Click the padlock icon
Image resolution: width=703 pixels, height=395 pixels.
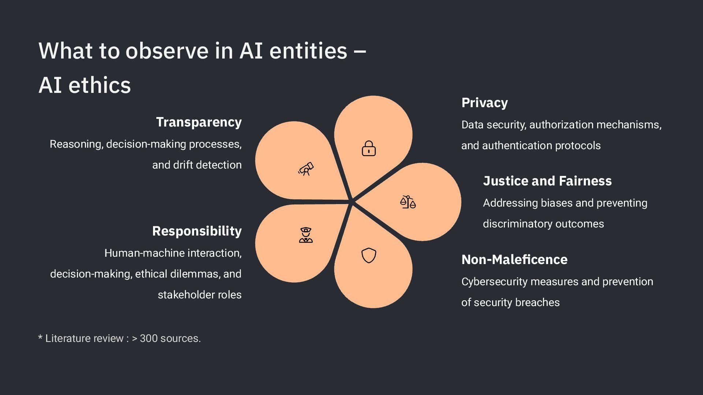pos(369,148)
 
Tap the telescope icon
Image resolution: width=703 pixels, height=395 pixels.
pos(306,169)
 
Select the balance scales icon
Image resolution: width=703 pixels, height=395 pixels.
pos(408,202)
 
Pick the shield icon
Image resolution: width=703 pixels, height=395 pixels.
pos(369,255)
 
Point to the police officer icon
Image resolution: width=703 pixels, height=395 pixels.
pos(306,235)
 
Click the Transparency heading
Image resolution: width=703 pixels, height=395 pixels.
pos(199,122)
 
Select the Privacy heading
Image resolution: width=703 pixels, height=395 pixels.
pos(484,103)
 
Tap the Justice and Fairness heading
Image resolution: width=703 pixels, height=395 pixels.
pos(547,181)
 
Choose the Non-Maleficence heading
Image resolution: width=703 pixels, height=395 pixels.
pos(514,260)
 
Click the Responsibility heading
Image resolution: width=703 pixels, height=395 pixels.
pos(197,231)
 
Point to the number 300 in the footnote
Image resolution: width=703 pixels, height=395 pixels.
pos(149,338)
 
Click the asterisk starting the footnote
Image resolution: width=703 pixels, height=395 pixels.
pos(40,337)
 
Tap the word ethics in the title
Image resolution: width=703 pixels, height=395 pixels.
pos(100,85)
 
